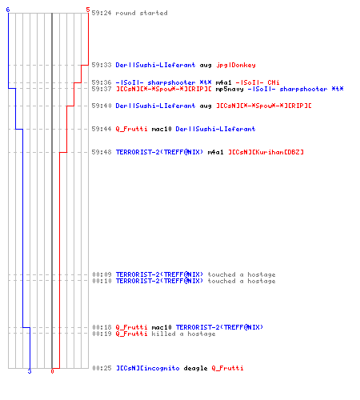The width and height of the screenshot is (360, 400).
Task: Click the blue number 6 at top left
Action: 8,10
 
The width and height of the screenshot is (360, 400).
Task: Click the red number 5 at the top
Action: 88,10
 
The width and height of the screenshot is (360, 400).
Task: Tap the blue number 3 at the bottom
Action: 30,371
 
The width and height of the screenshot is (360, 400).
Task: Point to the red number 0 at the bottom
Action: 52,371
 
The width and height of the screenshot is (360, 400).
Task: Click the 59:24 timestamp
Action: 102,13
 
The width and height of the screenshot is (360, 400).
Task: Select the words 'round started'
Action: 142,13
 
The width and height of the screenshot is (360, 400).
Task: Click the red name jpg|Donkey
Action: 236,65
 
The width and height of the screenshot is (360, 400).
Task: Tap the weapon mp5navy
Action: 230,89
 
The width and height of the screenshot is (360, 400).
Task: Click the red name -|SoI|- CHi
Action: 258,82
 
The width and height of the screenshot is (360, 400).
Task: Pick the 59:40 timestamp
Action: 102,106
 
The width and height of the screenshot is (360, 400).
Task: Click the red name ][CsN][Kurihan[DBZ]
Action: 266,152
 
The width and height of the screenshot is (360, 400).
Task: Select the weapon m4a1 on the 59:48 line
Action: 215,152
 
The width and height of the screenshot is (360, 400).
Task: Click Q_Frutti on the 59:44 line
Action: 131,129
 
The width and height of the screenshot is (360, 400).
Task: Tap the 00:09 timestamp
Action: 102,274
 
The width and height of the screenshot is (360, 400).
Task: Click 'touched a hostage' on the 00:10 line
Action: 242,281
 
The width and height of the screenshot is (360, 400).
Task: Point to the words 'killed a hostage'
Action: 183,334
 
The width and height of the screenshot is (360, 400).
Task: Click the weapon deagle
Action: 195,369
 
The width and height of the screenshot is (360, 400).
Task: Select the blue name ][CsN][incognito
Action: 148,368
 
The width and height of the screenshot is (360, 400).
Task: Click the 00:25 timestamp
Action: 102,368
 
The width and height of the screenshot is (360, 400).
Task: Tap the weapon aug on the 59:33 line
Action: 206,66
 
